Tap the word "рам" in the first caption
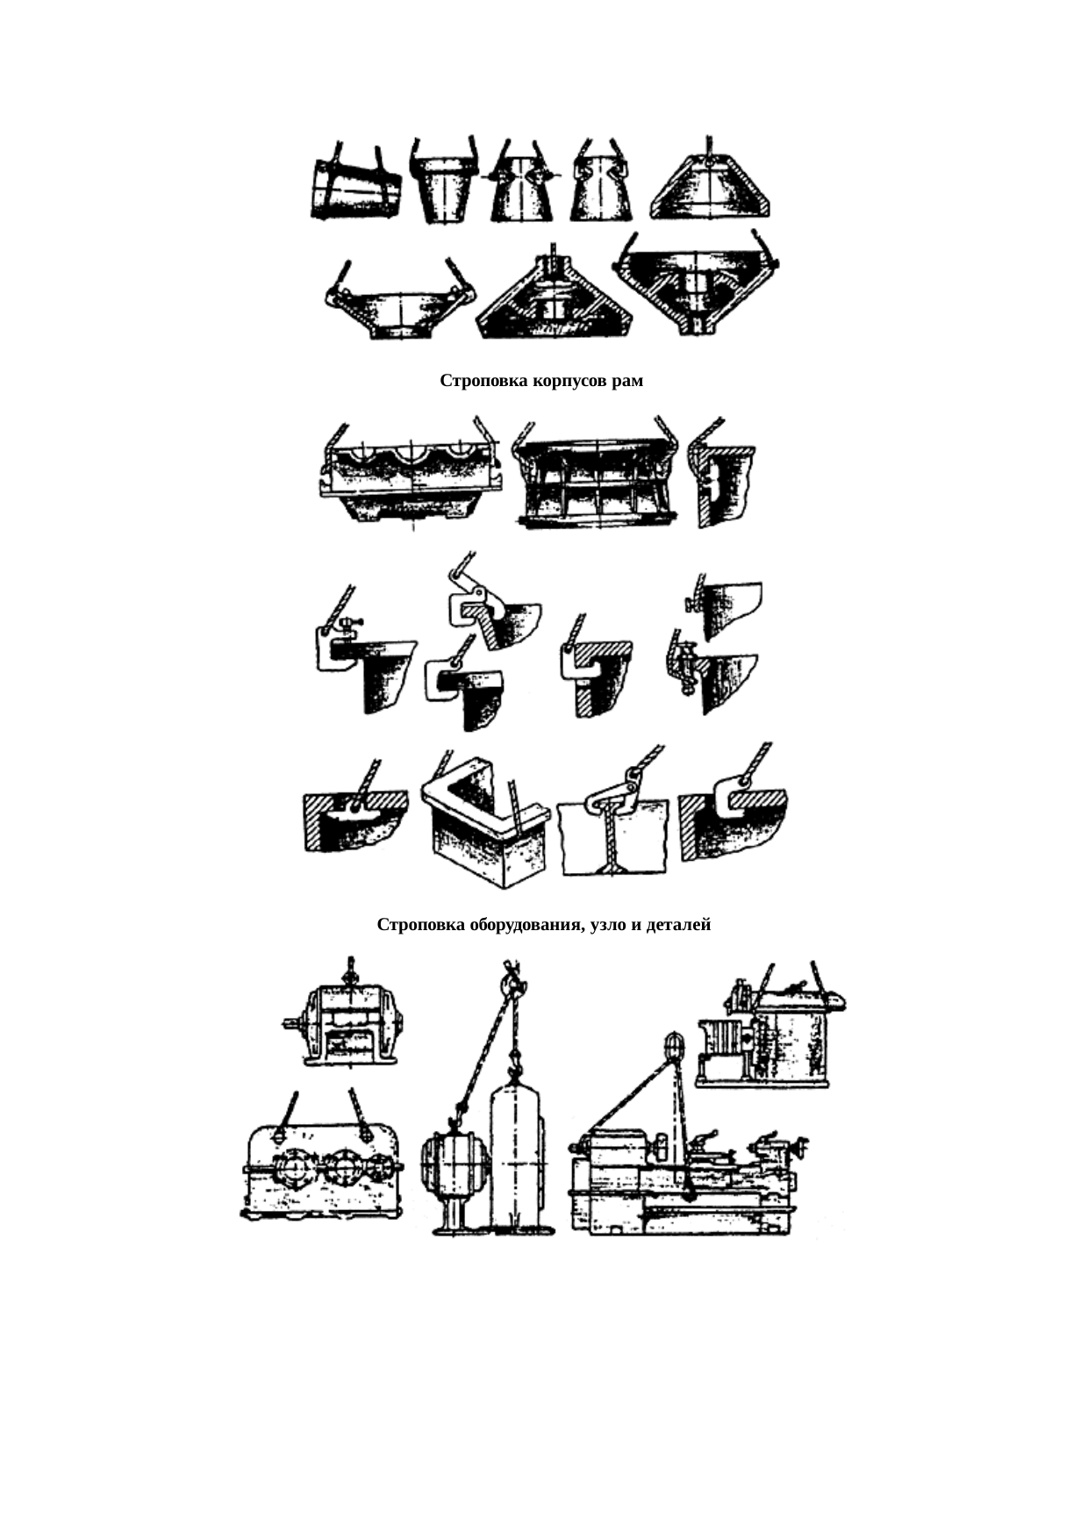(x=626, y=382)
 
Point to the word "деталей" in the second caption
(x=678, y=925)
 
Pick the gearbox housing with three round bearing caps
(x=322, y=1171)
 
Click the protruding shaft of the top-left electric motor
(x=293, y=1022)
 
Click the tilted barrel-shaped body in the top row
(x=355, y=190)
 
